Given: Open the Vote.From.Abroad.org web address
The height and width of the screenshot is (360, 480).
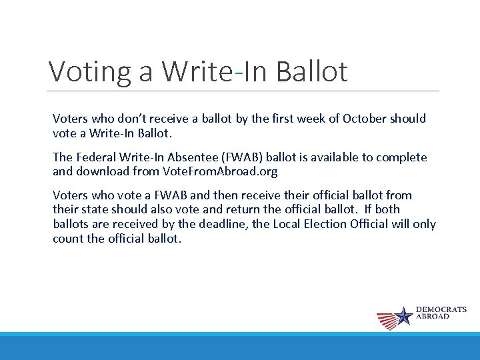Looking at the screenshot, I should point(219,171).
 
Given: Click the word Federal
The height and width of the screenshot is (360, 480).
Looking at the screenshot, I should point(95,157).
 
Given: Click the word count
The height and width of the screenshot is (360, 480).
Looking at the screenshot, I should point(68,238).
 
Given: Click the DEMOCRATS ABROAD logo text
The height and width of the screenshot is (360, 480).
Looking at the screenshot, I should point(441,313).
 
